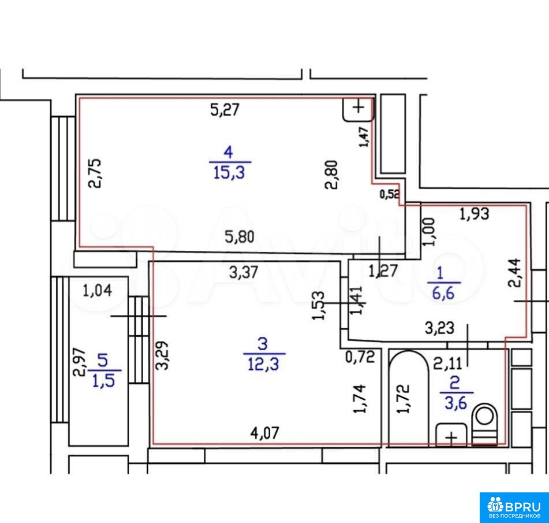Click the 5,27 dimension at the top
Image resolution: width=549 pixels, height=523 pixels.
point(225,110)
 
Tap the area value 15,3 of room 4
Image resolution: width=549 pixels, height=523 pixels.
point(229,173)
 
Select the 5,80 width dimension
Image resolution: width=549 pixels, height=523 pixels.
point(240,237)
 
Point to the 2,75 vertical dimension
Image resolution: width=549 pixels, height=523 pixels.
point(95,173)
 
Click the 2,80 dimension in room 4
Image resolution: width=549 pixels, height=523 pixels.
point(332,175)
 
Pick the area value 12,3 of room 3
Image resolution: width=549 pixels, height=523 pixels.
point(263,364)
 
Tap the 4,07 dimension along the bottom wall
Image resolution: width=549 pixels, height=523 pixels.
point(265,433)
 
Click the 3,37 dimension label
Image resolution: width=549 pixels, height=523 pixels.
point(244,272)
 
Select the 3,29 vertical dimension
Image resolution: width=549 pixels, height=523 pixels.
point(162,355)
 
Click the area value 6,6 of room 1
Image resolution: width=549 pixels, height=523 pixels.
point(443,293)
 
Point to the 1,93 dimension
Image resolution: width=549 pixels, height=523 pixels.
point(474,214)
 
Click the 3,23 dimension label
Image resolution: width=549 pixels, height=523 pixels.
point(440,328)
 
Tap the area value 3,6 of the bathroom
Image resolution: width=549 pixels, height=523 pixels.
point(456,403)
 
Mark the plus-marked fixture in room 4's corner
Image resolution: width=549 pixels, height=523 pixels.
point(358,109)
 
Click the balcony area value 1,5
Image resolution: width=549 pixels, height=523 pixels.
point(104,381)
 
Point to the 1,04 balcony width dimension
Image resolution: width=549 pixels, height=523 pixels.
point(97,291)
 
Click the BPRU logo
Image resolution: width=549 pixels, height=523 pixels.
point(514,507)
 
